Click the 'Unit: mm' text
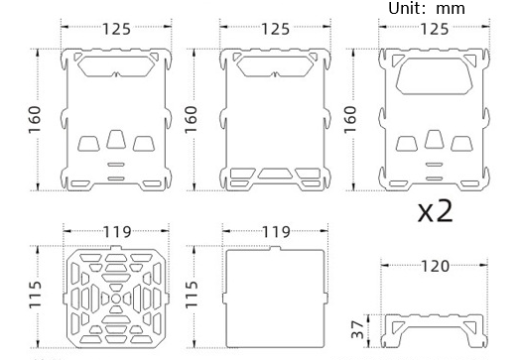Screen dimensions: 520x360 (x=427, y=8)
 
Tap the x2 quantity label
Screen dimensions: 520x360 (x=435, y=211)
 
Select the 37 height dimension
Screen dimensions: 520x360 (x=358, y=329)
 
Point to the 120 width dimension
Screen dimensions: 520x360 (x=435, y=266)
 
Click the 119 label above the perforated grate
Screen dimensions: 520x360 (x=117, y=232)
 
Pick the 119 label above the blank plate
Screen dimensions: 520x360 (x=276, y=232)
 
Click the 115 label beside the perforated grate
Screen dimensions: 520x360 (x=35, y=295)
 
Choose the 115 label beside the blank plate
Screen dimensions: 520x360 (x=192, y=295)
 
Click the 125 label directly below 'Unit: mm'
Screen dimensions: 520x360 (x=435, y=29)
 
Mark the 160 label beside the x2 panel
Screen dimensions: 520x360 (x=350, y=120)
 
